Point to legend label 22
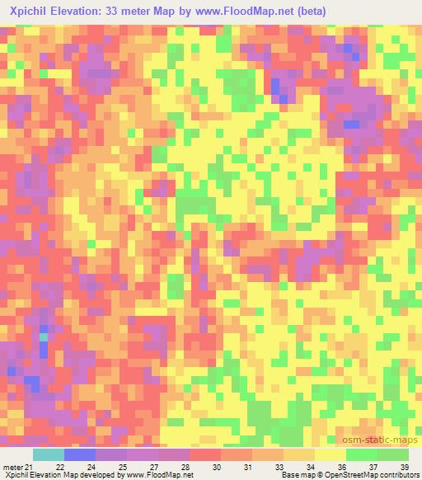tap(60, 468)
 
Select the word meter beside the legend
tap(14, 468)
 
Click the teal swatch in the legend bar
tap(48, 454)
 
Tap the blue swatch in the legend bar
tap(79, 454)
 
